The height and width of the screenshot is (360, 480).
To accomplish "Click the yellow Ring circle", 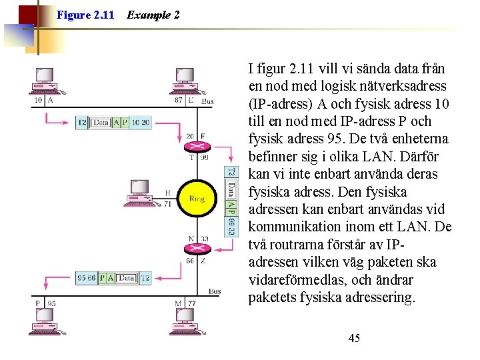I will tap(197, 199).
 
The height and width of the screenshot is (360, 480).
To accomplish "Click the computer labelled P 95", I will tap(45, 319).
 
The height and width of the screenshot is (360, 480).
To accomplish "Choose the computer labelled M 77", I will tap(185, 319).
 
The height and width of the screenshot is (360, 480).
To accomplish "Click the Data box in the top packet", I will tap(101, 123).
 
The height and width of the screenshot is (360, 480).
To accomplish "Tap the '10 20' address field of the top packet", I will tap(141, 123).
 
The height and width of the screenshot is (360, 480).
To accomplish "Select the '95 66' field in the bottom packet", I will tap(87, 278).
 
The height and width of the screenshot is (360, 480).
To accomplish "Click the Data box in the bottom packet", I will tap(127, 278).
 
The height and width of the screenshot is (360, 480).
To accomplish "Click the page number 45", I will tap(354, 339).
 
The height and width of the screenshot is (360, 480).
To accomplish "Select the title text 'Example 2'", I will tap(153, 15).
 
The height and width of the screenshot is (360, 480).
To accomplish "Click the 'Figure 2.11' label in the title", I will tap(85, 15).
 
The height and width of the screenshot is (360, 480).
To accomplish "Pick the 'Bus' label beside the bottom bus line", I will tap(215, 291).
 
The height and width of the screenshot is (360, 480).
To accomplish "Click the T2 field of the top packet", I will tap(82, 123).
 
